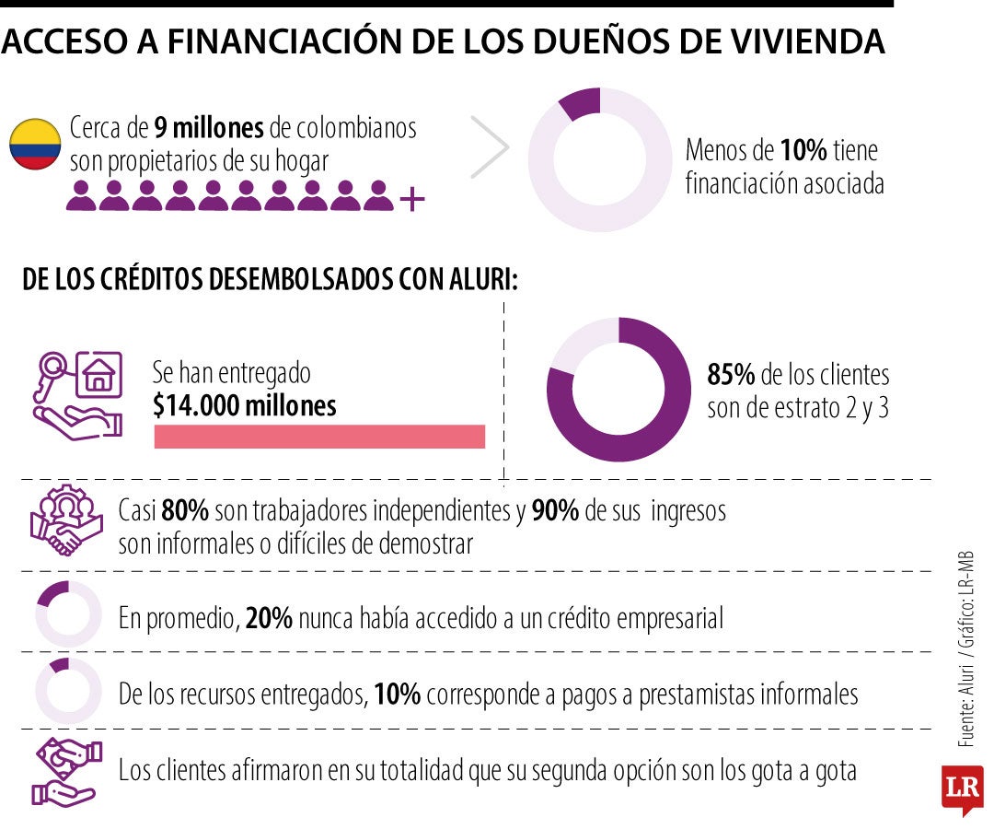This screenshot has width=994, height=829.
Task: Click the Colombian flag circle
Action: click(x=35, y=144)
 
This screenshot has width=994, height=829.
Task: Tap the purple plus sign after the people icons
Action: click(x=412, y=199)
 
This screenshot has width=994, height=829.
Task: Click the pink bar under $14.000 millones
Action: click(x=319, y=437)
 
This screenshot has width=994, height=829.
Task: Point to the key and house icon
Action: click(x=77, y=396)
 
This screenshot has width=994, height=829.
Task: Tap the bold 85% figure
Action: click(x=731, y=374)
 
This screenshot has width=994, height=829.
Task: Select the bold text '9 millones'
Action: click(x=209, y=127)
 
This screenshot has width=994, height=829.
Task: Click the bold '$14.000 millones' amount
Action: click(x=245, y=405)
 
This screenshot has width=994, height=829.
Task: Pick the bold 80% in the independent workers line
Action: click(x=185, y=510)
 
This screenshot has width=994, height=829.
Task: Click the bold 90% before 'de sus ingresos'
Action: click(x=555, y=510)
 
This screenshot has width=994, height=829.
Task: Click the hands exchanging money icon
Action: click(x=66, y=772)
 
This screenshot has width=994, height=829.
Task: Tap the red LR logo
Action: click(x=963, y=788)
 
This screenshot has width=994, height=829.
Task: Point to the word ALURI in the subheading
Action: click(x=483, y=279)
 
